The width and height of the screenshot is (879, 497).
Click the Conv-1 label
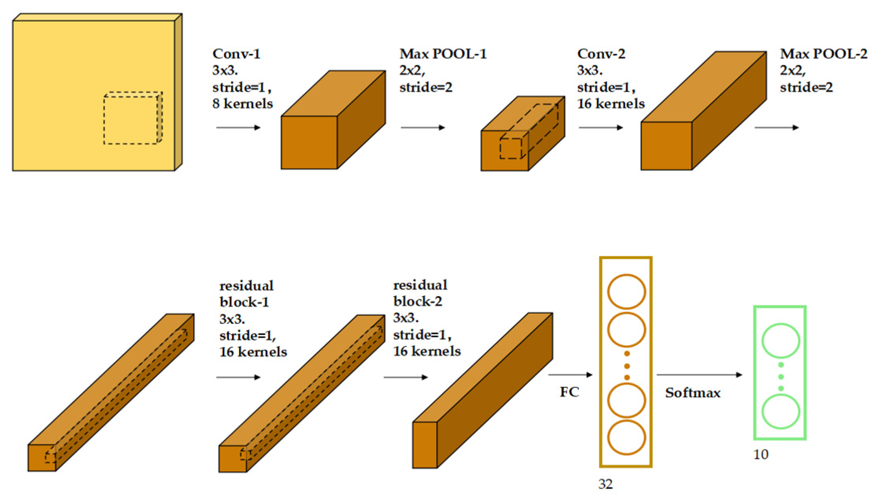point(236,54)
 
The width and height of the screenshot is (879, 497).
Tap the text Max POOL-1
point(443,54)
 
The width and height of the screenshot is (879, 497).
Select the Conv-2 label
point(601,54)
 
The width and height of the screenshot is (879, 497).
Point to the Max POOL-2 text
point(823,54)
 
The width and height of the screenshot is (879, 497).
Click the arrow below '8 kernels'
point(238,127)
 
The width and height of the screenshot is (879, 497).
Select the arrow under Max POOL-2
point(776,127)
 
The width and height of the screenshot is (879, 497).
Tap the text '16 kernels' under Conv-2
point(611,104)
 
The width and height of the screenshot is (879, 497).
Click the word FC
point(569,392)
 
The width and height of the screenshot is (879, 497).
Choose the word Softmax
point(693,393)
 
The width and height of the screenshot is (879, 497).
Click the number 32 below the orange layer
point(606,484)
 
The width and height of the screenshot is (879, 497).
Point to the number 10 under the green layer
point(761,454)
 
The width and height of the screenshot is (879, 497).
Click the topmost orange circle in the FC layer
point(626,291)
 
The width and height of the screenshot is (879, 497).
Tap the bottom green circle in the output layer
point(781,411)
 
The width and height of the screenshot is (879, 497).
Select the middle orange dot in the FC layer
point(627,366)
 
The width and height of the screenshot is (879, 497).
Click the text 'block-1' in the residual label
point(244,302)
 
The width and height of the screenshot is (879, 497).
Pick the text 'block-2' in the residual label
point(418,301)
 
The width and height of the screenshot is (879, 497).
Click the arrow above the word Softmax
point(699,375)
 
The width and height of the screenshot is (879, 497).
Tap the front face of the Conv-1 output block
point(309,142)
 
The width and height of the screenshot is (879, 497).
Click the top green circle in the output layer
point(781,340)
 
